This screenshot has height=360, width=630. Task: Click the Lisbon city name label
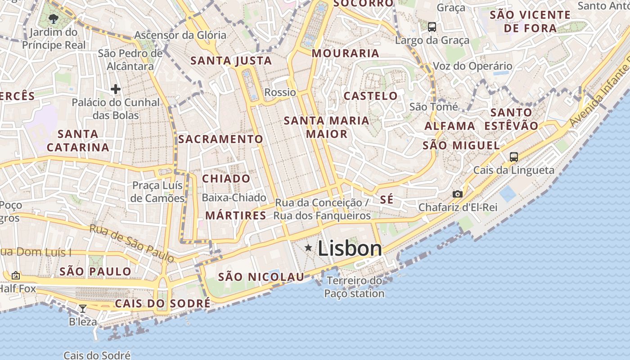tap(350, 249)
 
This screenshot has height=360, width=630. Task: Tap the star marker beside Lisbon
tap(308, 247)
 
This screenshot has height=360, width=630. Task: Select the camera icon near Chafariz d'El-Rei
tap(457, 194)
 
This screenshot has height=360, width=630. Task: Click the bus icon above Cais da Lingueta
tap(513, 157)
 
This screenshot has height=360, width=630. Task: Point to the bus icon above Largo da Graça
tap(432, 27)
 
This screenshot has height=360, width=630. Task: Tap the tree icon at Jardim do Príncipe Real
tap(54, 18)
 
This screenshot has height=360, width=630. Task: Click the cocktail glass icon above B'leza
tap(83, 309)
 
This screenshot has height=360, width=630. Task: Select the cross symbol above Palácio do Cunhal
tap(116, 89)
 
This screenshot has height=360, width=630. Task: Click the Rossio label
tap(280, 93)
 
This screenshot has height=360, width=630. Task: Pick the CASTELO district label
tap(370, 96)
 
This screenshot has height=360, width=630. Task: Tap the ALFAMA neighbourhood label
tap(450, 126)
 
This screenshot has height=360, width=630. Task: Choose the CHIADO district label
tap(226, 179)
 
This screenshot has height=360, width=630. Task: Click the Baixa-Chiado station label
tap(234, 198)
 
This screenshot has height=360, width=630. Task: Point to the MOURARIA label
tap(345, 53)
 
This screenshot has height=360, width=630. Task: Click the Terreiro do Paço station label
tap(354, 287)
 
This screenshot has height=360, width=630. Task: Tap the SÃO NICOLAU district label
tap(261, 277)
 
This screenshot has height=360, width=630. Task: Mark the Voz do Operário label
tap(472, 66)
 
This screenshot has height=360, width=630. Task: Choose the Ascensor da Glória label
tap(180, 35)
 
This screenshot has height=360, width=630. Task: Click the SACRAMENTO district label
tap(220, 139)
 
